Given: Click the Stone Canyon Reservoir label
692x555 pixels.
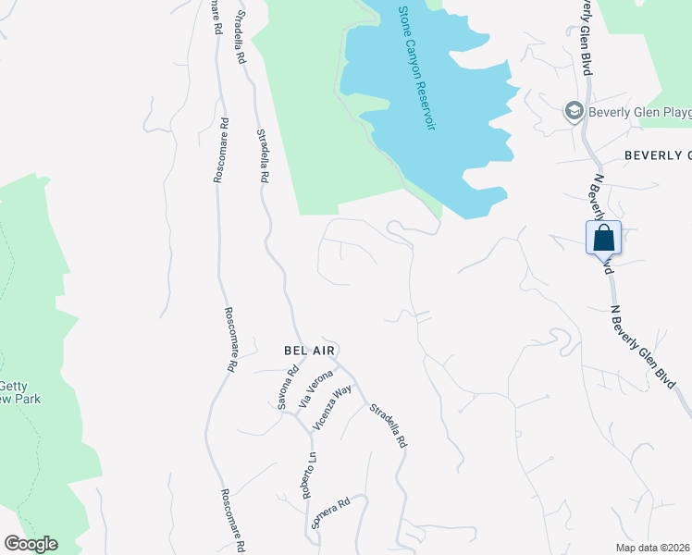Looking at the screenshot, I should (416, 68).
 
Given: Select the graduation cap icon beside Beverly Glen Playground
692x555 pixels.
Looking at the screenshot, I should (574, 112).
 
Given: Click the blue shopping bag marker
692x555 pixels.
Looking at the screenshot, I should (603, 238).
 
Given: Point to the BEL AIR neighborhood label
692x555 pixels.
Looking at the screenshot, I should (309, 351).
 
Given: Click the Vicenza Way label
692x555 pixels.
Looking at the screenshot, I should (333, 404).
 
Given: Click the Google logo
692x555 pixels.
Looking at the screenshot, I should (31, 544).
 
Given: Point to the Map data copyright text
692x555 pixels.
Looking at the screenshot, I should (652, 548).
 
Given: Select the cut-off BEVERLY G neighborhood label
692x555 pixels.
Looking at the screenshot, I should (657, 154).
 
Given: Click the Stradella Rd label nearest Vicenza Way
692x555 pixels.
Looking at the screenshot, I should (388, 426).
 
